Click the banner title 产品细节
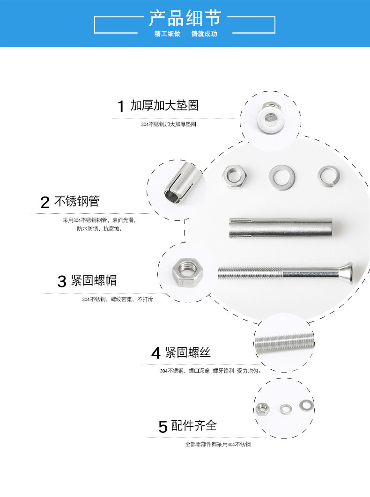click(x=185, y=18)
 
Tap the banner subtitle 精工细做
click(x=167, y=34)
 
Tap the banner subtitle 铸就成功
click(x=204, y=34)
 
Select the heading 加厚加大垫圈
click(x=164, y=106)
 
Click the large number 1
click(x=120, y=107)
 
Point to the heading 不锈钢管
click(x=77, y=201)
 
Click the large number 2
click(x=45, y=202)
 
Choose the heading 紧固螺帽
click(x=94, y=280)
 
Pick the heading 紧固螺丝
click(x=188, y=352)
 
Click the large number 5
click(x=163, y=427)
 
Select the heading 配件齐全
click(x=194, y=425)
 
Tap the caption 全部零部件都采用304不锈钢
click(x=218, y=445)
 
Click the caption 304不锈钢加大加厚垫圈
click(x=169, y=124)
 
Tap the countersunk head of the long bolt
click(x=348, y=272)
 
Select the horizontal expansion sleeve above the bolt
click(x=281, y=228)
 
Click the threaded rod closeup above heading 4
click(x=284, y=342)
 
